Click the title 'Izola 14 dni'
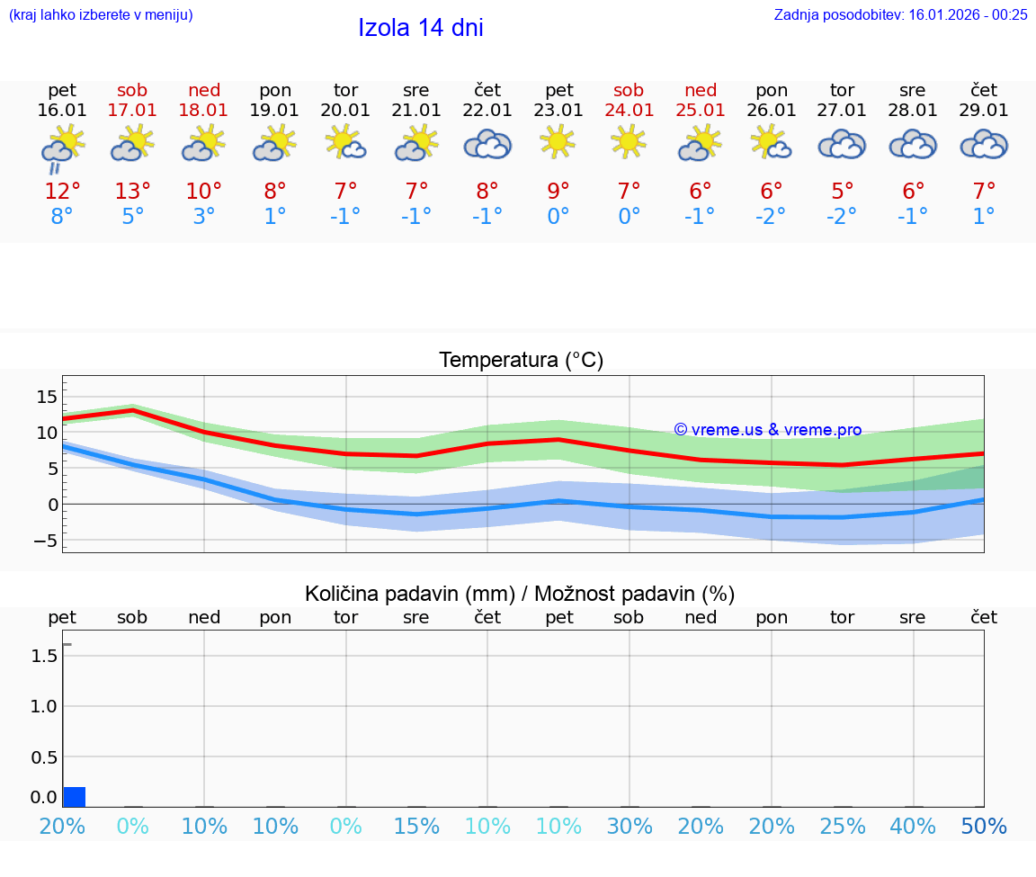click(x=421, y=28)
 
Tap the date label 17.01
click(x=132, y=110)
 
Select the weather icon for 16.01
click(x=62, y=147)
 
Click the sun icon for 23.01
click(x=558, y=142)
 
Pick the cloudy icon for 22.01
click(x=487, y=144)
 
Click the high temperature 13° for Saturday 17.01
click(x=132, y=191)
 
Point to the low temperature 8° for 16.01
click(x=62, y=217)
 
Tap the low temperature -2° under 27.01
click(x=842, y=217)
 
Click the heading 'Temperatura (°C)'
click(x=521, y=361)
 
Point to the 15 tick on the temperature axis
click(x=47, y=397)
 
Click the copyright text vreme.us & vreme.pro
click(x=768, y=430)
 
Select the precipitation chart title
click(x=520, y=594)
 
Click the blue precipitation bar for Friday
click(x=75, y=797)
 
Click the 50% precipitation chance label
click(x=984, y=827)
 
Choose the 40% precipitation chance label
click(x=913, y=827)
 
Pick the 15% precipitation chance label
click(x=416, y=827)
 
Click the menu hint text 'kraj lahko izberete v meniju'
click(x=101, y=14)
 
